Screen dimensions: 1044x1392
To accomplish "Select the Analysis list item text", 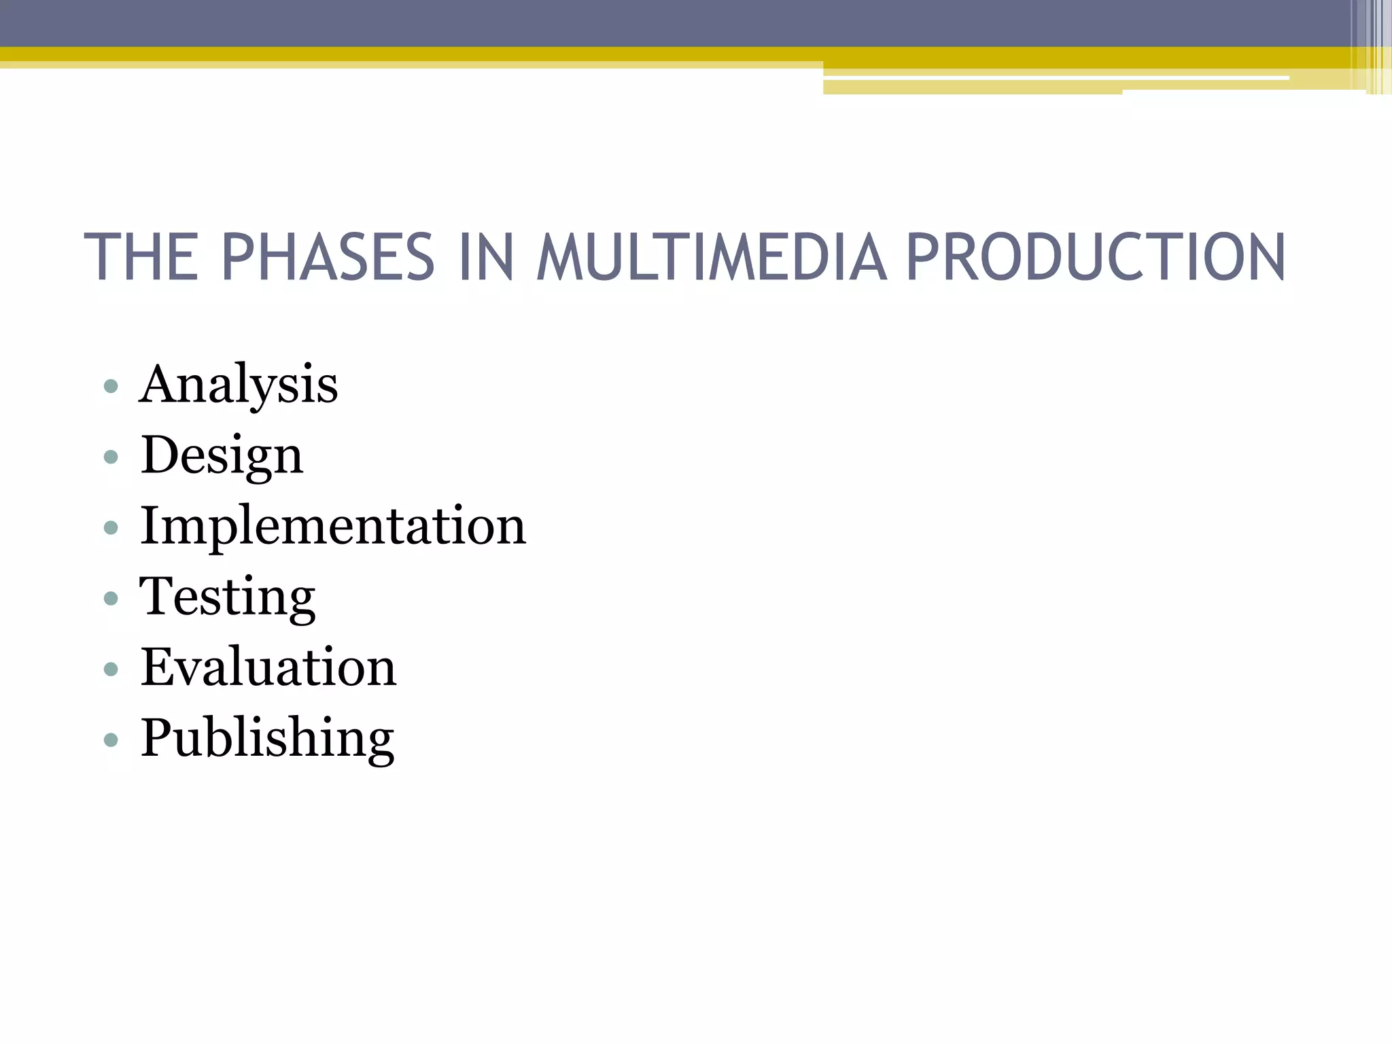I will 239,385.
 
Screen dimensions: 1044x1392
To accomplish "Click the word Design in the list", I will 222,455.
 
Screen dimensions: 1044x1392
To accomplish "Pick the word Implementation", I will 333,526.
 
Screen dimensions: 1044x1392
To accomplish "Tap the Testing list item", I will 228,597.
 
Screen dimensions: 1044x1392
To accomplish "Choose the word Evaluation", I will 268,667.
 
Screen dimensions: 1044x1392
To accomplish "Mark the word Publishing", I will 267,738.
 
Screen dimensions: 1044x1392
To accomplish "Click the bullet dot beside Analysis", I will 111,387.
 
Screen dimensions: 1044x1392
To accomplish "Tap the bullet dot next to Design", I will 111,457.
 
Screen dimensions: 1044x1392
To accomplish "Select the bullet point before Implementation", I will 111,527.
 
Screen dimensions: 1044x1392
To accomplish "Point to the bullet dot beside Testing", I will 111,598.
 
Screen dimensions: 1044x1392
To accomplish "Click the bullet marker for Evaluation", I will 111,669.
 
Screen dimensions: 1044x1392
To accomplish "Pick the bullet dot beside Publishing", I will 111,739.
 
